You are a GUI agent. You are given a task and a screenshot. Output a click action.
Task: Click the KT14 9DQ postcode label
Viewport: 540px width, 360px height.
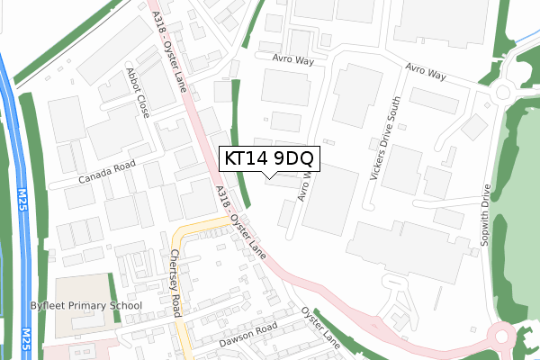269,158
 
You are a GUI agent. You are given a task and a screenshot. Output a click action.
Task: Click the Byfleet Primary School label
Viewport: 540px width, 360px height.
98,306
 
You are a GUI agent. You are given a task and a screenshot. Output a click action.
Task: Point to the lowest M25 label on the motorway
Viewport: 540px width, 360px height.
25,342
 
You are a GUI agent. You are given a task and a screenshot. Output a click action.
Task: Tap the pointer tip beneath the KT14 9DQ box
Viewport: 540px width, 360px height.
269,177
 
